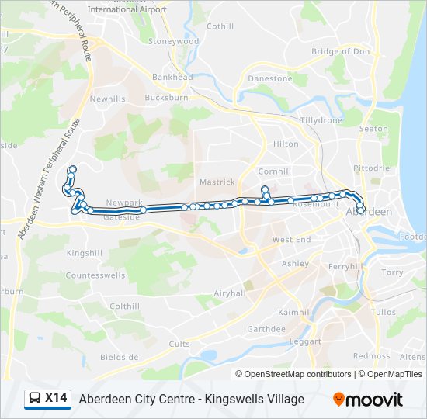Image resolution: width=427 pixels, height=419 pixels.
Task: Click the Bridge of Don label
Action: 340,52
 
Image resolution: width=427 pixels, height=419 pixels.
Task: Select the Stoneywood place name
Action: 173,41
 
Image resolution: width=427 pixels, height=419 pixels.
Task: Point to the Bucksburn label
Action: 166,98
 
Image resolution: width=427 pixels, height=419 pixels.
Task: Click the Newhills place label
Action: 107,99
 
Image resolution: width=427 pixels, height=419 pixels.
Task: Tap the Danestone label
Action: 269,78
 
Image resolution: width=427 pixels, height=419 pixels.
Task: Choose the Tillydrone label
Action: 321,121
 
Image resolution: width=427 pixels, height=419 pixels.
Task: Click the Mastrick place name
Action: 217,182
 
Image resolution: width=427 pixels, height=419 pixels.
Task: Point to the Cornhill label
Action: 274,171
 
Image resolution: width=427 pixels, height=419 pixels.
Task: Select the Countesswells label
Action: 95,275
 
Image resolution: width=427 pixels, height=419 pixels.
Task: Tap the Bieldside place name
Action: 119,358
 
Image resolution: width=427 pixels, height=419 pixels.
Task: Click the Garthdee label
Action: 266,329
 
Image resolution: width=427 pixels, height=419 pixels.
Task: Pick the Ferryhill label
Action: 345,266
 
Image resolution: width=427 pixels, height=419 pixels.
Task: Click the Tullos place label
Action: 384,311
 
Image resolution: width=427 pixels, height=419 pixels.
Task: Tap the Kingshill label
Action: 85,254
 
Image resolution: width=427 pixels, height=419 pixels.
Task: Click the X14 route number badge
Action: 56,399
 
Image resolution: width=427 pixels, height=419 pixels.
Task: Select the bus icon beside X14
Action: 35,399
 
